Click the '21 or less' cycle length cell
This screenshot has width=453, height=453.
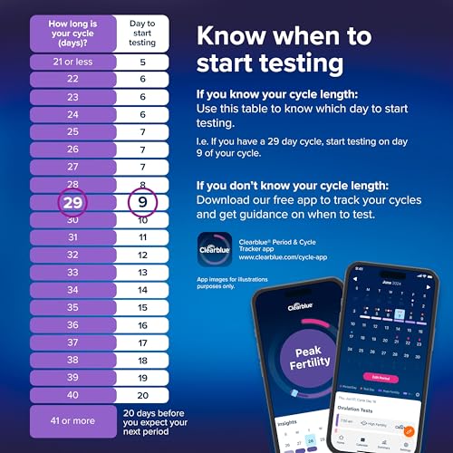pos(72,63)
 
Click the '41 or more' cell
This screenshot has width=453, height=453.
pos(72,421)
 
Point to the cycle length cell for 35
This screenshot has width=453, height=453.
pos(72,307)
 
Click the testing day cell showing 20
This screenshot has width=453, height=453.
pos(141,394)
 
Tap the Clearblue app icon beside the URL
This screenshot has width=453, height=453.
pos(215,248)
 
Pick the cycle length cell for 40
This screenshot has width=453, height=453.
pos(72,394)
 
